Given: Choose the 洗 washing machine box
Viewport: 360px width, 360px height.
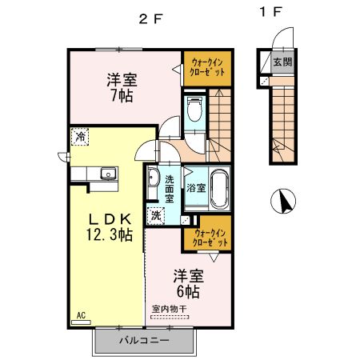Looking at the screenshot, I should [158, 214].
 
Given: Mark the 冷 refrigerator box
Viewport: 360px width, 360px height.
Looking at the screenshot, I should [80, 137].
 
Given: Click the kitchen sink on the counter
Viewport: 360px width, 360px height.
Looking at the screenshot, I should [106, 174].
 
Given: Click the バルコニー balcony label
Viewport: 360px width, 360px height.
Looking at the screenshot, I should [144, 340].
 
